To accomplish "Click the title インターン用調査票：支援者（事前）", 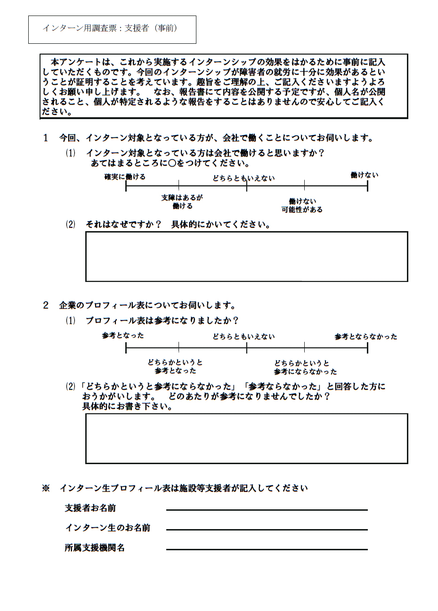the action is pyautogui.click(x=110, y=28).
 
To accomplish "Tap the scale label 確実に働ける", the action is pyautogui.click(x=125, y=177).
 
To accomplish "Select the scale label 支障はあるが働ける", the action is pyautogui.click(x=182, y=201).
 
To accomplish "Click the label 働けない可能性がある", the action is pyautogui.click(x=302, y=205).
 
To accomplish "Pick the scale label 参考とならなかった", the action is pyautogui.click(x=365, y=337).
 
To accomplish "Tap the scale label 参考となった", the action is pyautogui.click(x=123, y=336).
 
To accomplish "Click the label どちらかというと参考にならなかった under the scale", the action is pyautogui.click(x=305, y=367).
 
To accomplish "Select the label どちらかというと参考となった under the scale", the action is pyautogui.click(x=175, y=366).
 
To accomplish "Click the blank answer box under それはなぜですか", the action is pyautogui.click(x=246, y=257).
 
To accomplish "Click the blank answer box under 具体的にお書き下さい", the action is pyautogui.click(x=246, y=439).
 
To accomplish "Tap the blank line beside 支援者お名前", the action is pyautogui.click(x=267, y=510).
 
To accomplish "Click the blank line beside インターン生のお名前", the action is pyautogui.click(x=267, y=530).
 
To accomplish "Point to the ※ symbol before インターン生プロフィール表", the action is pyautogui.click(x=46, y=488).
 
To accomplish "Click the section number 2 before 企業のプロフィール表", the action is pyautogui.click(x=46, y=305).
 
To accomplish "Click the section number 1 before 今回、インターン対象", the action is pyautogui.click(x=46, y=138).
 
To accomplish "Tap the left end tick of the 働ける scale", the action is pyautogui.click(x=126, y=186).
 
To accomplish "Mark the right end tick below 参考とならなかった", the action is pyautogui.click(x=368, y=348).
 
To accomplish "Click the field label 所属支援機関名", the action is pyautogui.click(x=95, y=548).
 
